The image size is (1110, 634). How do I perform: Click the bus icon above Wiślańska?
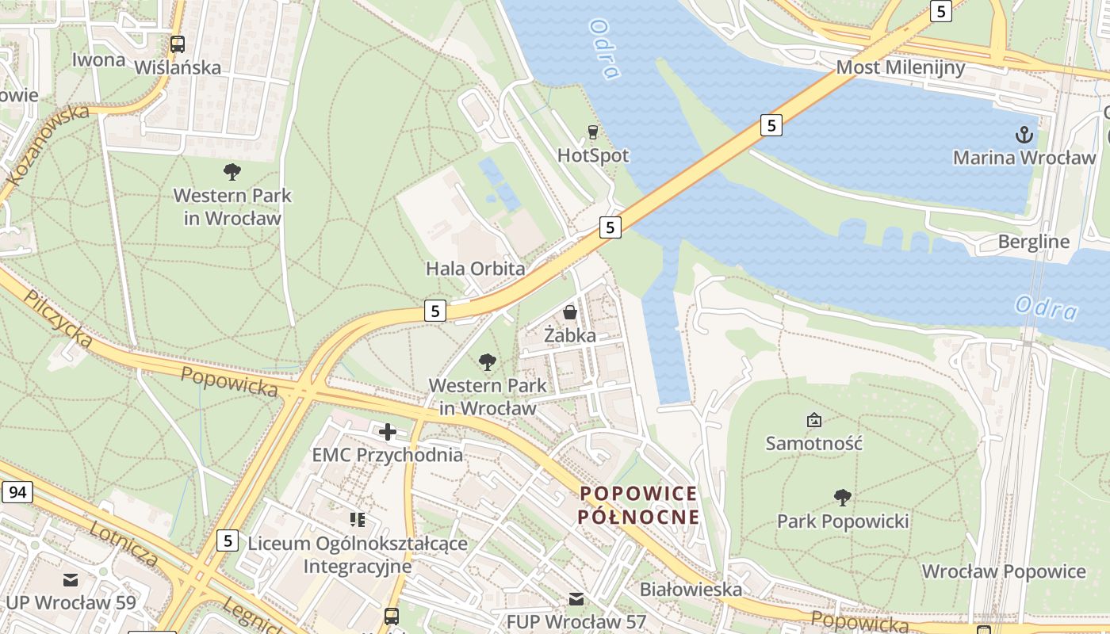(x=178, y=44)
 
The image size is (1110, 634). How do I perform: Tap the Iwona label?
(x=98, y=60)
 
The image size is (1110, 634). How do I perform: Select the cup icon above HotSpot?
(x=592, y=132)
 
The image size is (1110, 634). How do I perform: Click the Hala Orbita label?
(x=475, y=269)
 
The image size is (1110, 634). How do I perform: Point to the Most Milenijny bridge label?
(x=901, y=67)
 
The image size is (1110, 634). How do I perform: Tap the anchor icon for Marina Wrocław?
(x=1024, y=135)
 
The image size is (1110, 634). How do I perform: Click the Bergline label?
(x=1033, y=242)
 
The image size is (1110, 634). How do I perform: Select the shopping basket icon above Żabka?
(x=569, y=312)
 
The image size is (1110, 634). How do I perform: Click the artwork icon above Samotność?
(x=813, y=419)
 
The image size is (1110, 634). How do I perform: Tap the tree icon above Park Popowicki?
(x=842, y=498)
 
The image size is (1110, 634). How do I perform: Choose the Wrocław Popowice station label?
(x=1003, y=571)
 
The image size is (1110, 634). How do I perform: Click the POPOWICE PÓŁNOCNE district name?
(x=638, y=505)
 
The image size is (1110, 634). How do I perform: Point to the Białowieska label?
(x=691, y=589)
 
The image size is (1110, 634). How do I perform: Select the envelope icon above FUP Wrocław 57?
(x=576, y=598)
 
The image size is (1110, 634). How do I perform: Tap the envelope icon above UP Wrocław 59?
(x=71, y=579)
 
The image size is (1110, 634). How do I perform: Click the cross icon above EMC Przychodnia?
(x=387, y=432)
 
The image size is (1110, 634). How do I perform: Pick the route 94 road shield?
(x=17, y=492)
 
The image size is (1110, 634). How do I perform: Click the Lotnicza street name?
(x=124, y=544)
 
